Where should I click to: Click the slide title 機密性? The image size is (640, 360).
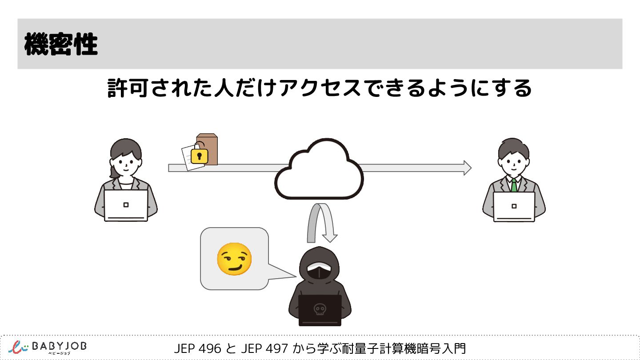pyautogui.click(x=61, y=44)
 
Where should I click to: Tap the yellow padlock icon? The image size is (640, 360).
pyautogui.click(x=199, y=156)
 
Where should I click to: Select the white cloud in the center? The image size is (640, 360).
pyautogui.click(x=319, y=171)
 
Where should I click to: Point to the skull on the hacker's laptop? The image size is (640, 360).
pyautogui.click(x=319, y=308)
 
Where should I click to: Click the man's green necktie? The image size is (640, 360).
pyautogui.click(x=514, y=185)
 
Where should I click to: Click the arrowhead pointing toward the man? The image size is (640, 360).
pyautogui.click(x=467, y=168)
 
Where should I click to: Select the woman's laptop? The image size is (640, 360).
pyautogui.click(x=126, y=205)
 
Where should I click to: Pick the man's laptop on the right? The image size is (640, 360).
pyautogui.click(x=514, y=206)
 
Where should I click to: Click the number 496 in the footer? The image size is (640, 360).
pyautogui.click(x=210, y=348)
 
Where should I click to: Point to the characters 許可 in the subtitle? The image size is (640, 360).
pyautogui.click(x=128, y=88)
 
